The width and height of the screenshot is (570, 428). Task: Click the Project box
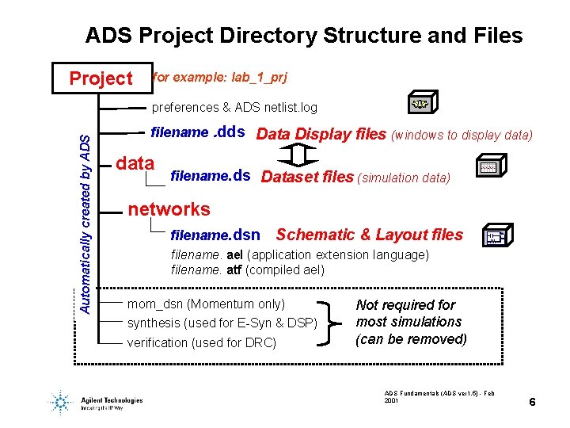point(101,78)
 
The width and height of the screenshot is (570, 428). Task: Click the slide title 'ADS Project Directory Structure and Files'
point(304,36)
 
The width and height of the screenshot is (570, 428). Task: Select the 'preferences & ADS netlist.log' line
point(234,107)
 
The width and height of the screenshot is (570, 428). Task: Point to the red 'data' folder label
point(135,163)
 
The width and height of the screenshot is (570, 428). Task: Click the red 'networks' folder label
point(169,209)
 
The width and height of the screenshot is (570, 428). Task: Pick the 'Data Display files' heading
point(321,134)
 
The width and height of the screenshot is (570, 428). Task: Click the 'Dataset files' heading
point(307,177)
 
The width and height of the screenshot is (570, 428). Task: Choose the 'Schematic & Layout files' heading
point(369,235)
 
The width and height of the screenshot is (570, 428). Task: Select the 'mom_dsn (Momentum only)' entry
point(206,304)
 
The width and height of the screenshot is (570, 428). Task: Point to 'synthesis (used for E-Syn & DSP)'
point(222,323)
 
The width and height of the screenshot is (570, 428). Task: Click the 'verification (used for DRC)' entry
point(202,342)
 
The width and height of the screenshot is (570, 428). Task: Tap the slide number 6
point(533,403)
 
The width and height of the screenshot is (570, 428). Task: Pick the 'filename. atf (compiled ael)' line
point(247,270)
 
